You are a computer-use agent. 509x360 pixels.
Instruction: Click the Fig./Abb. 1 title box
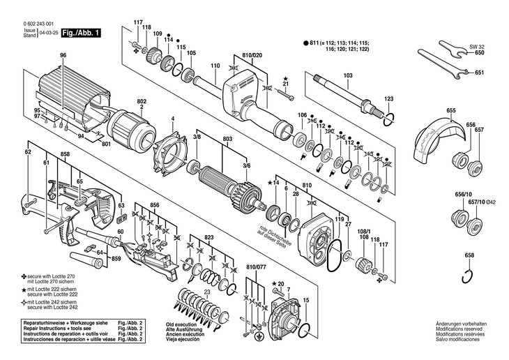coord(82,32)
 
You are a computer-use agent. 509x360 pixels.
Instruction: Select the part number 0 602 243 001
coord(42,24)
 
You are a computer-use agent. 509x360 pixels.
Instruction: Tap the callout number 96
coord(63,55)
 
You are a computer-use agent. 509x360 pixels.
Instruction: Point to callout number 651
coord(479,73)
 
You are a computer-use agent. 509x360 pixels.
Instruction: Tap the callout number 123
coord(389,99)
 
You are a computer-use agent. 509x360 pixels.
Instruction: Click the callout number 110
coord(215,66)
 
